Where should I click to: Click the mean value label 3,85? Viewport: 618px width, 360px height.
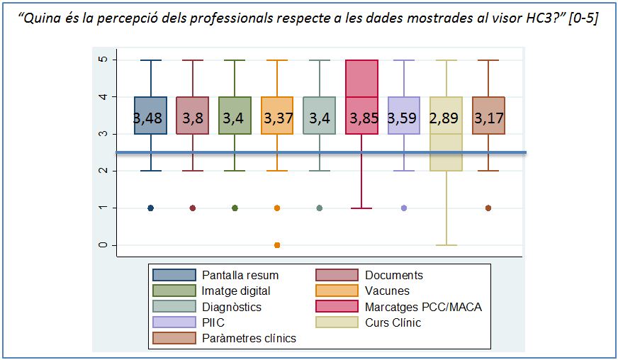pyautogui.click(x=364, y=118)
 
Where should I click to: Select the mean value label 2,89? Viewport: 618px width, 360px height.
pyautogui.click(x=444, y=118)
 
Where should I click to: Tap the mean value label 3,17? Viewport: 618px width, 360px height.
pyautogui.click(x=489, y=118)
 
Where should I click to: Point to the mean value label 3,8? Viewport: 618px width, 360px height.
pyautogui.click(x=193, y=118)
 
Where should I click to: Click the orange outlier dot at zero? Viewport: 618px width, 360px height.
pyautogui.click(x=277, y=245)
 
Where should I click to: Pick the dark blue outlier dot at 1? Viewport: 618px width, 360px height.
pyautogui.click(x=150, y=208)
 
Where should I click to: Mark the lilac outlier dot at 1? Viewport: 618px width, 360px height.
pyautogui.click(x=404, y=208)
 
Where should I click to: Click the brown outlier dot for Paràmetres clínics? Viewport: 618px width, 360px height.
pyautogui.click(x=488, y=208)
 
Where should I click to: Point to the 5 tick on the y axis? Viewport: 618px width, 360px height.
pyautogui.click(x=103, y=60)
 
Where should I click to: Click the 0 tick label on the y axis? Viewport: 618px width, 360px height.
pyautogui.click(x=103, y=245)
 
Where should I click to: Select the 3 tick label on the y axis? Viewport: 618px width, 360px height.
pyautogui.click(x=103, y=134)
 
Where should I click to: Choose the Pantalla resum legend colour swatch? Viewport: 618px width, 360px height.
pyautogui.click(x=174, y=275)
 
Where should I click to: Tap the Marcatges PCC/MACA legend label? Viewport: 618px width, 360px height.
pyautogui.click(x=423, y=307)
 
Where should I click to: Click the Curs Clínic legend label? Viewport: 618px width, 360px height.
pyautogui.click(x=393, y=322)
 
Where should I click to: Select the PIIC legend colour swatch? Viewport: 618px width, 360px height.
pyautogui.click(x=174, y=322)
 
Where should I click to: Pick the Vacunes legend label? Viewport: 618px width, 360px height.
pyautogui.click(x=387, y=291)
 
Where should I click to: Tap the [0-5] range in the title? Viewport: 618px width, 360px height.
pyautogui.click(x=583, y=18)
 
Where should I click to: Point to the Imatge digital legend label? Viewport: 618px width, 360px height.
pyautogui.click(x=236, y=291)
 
